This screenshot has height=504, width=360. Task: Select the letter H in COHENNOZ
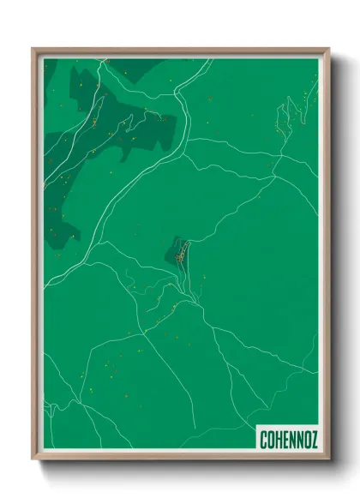pyautogui.click(x=278, y=440)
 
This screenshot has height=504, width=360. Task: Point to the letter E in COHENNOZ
pyautogui.click(x=285, y=440)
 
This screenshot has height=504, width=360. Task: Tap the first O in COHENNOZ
pyautogui.click(x=271, y=440)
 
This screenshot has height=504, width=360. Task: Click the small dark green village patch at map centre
pyautogui.click(x=177, y=253)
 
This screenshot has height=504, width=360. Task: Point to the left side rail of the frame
pyautogui.click(x=35, y=257)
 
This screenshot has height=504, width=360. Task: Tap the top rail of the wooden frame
pyautogui.click(x=180, y=51)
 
